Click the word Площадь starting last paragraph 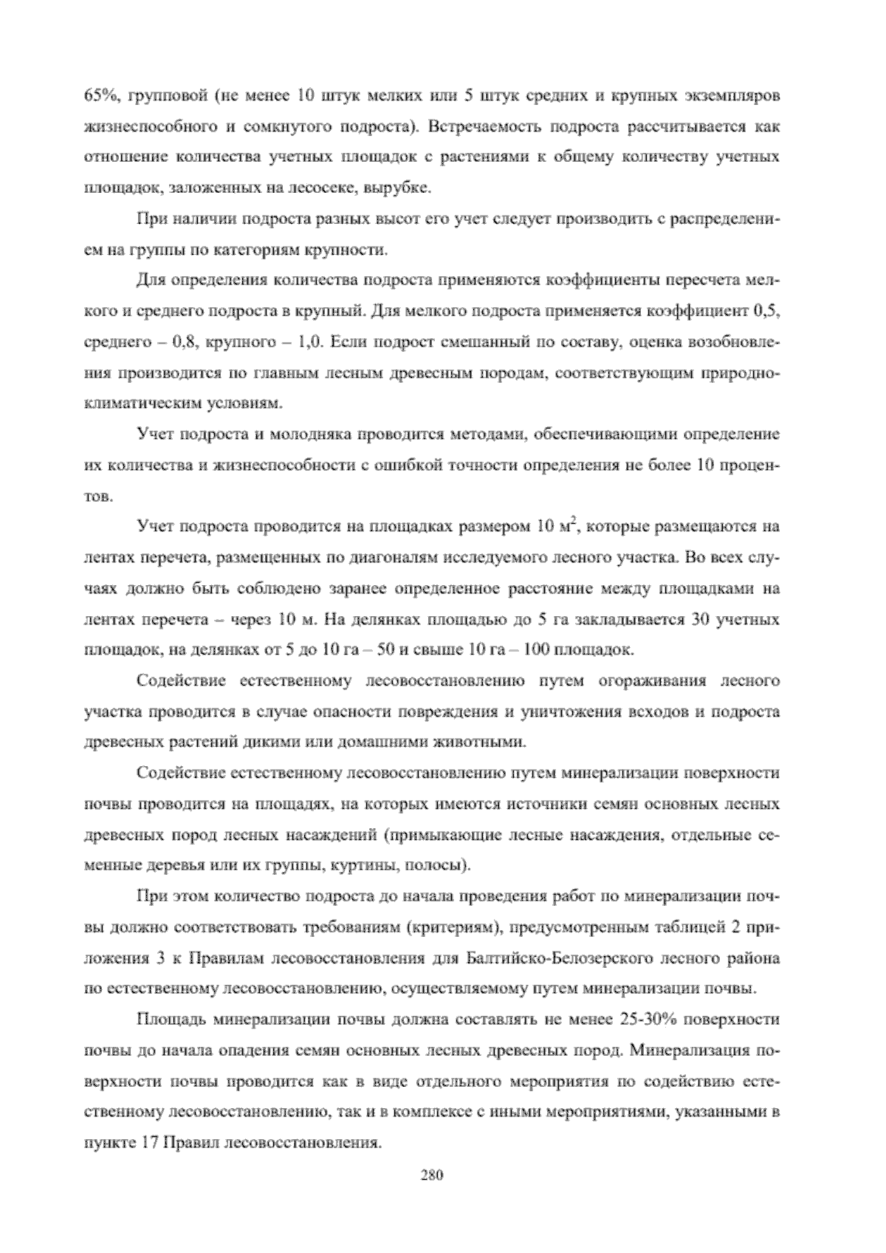point(171,1020)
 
